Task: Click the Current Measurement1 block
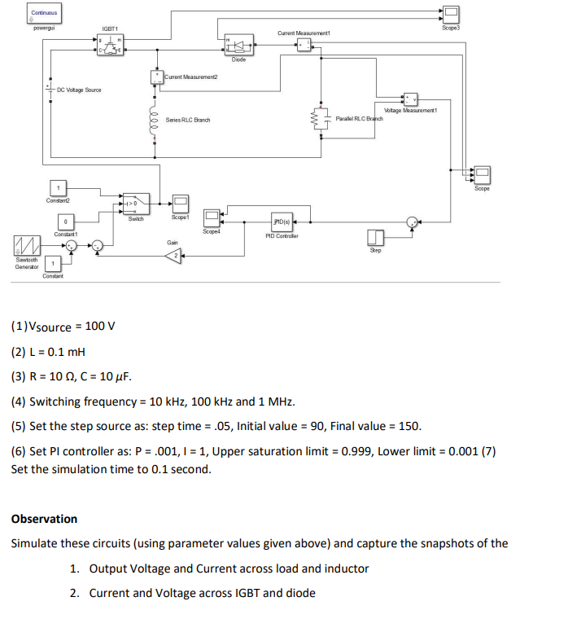[x=304, y=45]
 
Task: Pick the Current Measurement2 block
[x=156, y=77]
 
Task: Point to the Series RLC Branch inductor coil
[x=154, y=120]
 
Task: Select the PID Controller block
[x=282, y=222]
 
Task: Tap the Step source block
[x=375, y=237]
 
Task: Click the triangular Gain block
[x=173, y=257]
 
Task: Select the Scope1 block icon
[x=180, y=203]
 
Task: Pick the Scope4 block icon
[x=212, y=217]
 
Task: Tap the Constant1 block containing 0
[x=64, y=222]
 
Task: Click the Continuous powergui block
[x=44, y=13]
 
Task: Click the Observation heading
[x=44, y=519]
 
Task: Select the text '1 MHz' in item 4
[x=276, y=402]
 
